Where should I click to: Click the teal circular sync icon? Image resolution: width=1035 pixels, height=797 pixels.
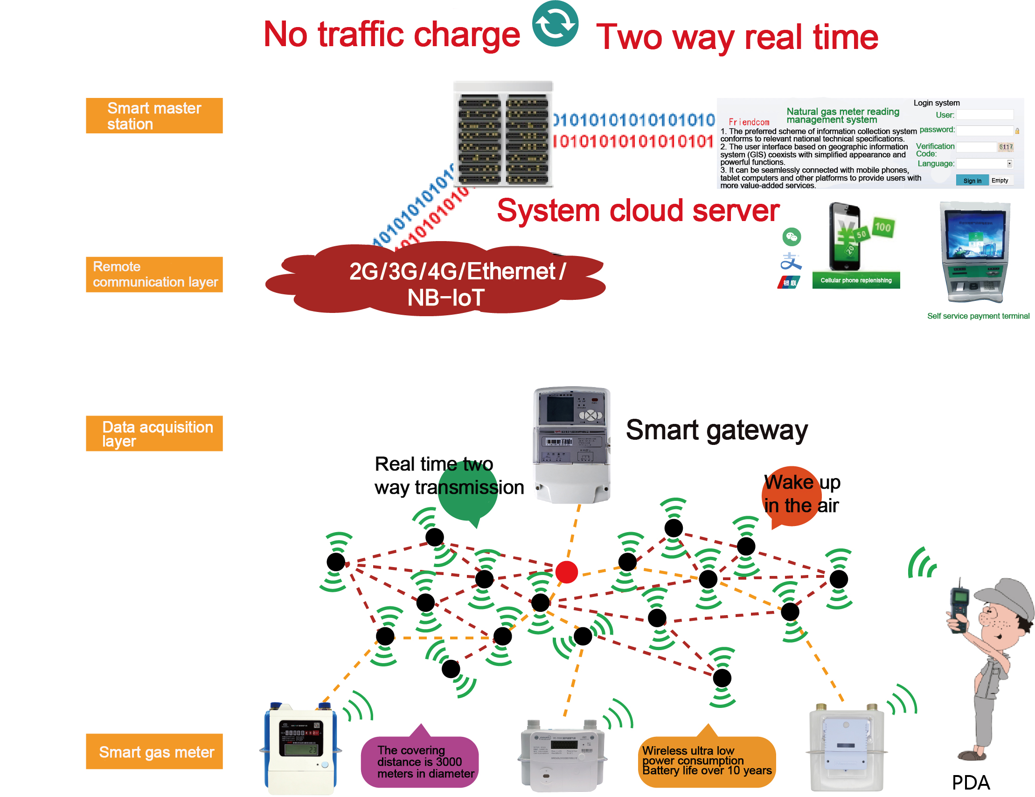(x=555, y=23)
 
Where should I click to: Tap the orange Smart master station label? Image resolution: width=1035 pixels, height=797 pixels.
(x=154, y=116)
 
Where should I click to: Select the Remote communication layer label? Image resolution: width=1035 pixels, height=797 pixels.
(x=154, y=274)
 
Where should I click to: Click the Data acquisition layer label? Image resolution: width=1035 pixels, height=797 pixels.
(x=154, y=433)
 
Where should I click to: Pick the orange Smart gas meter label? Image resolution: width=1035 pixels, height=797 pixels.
(x=154, y=751)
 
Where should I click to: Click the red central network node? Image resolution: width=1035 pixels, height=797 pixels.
(x=566, y=571)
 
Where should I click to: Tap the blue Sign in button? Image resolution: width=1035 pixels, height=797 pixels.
(x=972, y=180)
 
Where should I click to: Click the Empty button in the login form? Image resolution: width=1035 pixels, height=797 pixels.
(x=1000, y=180)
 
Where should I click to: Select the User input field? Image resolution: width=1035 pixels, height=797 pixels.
(x=984, y=115)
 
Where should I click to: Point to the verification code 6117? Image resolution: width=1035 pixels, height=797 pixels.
(x=1006, y=147)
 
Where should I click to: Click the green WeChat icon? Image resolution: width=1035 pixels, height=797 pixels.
(x=792, y=236)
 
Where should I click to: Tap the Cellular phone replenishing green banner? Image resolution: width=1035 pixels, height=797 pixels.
(x=856, y=280)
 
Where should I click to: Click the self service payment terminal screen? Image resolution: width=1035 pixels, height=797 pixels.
(x=974, y=235)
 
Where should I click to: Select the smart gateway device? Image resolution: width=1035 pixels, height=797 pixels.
(x=571, y=444)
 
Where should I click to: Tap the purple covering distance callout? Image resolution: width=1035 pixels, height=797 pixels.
(x=420, y=761)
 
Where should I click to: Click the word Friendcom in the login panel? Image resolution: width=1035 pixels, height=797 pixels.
(x=749, y=122)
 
